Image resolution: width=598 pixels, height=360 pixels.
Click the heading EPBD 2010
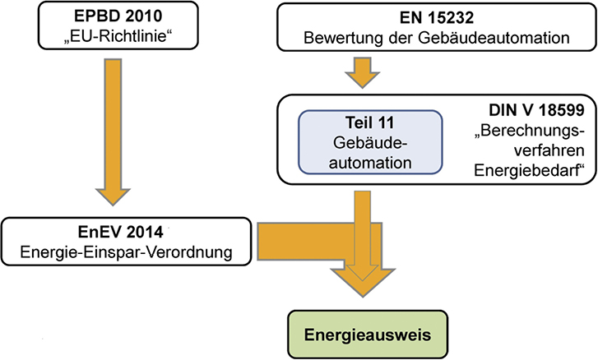pos(118,16)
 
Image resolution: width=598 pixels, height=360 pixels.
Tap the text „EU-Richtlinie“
pos(118,36)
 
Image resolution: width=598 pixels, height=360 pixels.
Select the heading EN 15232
pos(437,17)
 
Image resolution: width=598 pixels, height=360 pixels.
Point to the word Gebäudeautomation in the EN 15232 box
pos(494,38)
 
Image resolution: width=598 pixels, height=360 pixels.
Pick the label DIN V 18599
pos(536,110)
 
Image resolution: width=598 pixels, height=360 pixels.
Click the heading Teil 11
pos(369,122)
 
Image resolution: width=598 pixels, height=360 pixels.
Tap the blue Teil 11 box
pos(370,142)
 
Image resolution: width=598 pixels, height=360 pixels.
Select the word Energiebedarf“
pos(530,170)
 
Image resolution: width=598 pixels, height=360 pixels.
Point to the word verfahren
pos(549,150)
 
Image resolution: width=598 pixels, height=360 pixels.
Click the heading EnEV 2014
pos(121,232)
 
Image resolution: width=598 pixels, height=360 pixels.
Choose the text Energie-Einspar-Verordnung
pos(126,252)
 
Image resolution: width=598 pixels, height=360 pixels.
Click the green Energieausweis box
pos(368,335)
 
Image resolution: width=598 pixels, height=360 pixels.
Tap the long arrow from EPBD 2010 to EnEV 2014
pos(113,132)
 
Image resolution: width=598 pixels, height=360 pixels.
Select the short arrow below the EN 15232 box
pos(362,73)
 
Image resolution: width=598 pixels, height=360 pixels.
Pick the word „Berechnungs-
pos(530,132)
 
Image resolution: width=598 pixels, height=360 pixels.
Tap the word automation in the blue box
pos(370,163)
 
